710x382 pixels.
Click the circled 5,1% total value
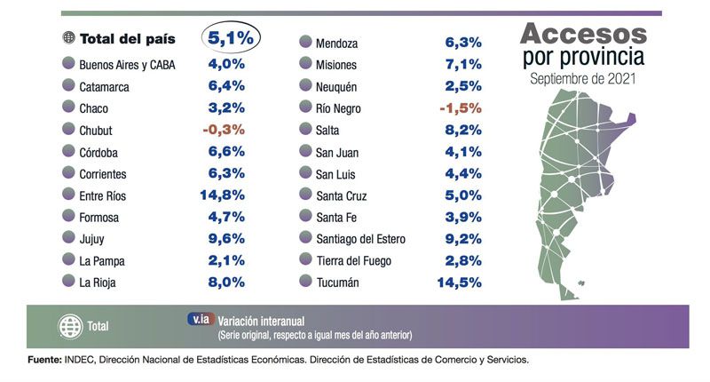tap(230, 39)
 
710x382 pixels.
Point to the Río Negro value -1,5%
tap(460, 107)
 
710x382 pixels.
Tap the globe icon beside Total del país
tap(67, 39)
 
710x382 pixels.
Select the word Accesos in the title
tap(583, 35)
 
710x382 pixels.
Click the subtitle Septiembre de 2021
tap(583, 78)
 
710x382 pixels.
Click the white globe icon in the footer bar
tap(68, 325)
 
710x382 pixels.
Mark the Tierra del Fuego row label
tap(352, 259)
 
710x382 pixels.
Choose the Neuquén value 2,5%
tap(462, 85)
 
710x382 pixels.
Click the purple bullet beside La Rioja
tap(67, 282)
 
